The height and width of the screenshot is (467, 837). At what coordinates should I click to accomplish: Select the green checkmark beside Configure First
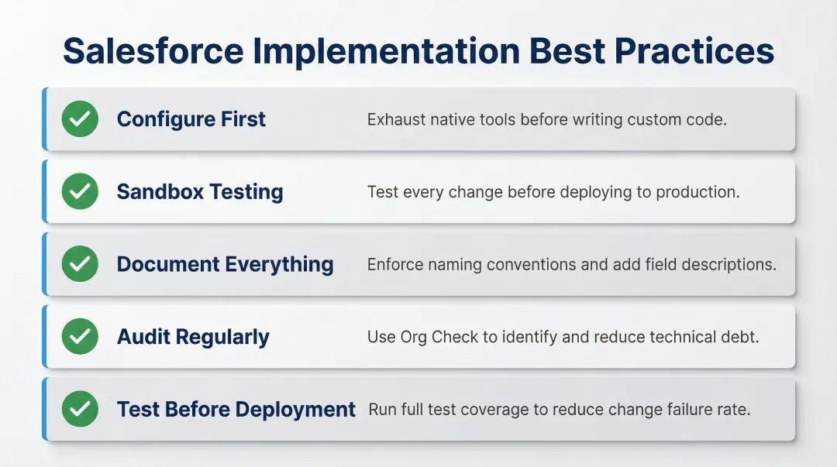point(80,119)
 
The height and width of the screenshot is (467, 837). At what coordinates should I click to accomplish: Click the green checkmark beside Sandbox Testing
point(80,191)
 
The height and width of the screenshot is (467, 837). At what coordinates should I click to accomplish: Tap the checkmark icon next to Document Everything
point(80,264)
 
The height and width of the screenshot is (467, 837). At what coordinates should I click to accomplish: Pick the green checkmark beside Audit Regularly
point(80,337)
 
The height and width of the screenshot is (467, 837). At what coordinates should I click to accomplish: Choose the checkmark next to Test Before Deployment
point(80,409)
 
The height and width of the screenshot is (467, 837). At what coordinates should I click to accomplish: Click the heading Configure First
point(191,119)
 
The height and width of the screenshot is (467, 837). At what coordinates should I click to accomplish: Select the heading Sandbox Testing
point(200,192)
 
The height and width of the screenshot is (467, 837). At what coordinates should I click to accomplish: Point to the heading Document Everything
point(225,264)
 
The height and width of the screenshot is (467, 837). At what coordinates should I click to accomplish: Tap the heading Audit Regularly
point(193,337)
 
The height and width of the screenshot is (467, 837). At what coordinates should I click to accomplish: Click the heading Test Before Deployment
point(236,410)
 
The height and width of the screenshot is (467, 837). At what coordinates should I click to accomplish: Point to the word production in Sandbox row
point(701,192)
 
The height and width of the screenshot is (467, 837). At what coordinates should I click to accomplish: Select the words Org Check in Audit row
point(434,337)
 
